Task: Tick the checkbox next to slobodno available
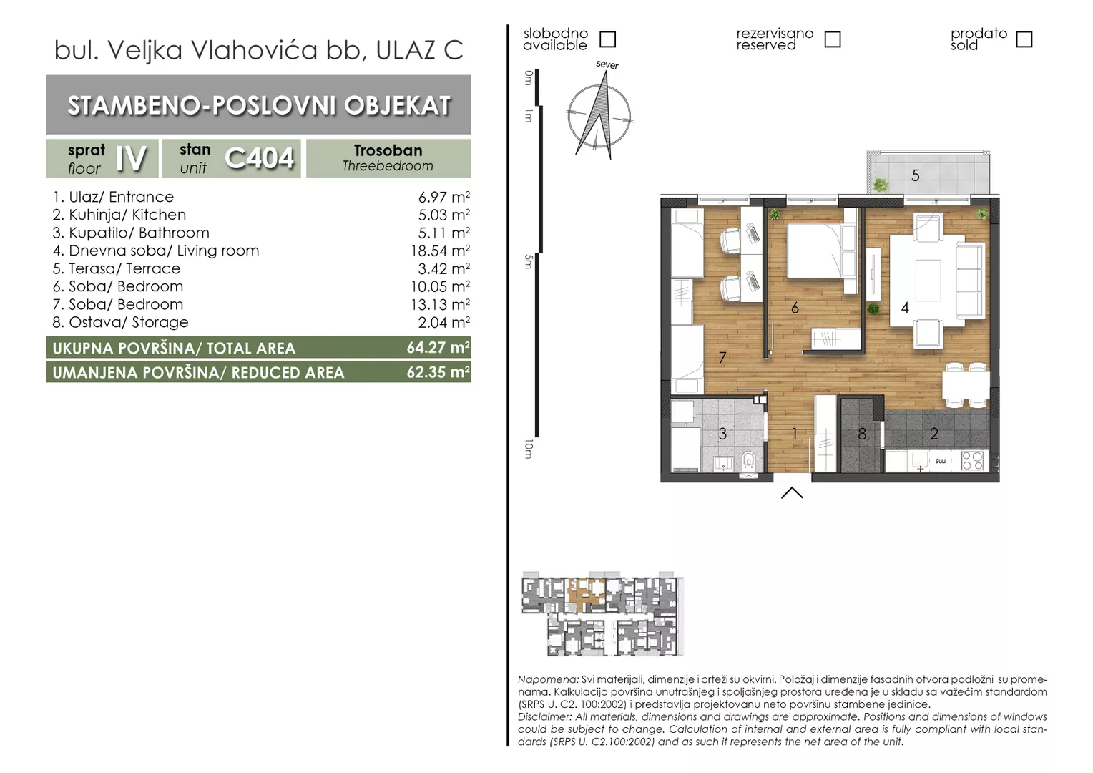tap(607, 39)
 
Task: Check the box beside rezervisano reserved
tap(833, 39)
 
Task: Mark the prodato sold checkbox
tap(1024, 39)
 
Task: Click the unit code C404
tap(260, 158)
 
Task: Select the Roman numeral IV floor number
tap(131, 159)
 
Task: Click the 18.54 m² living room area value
tap(440, 251)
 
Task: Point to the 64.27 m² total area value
tap(438, 348)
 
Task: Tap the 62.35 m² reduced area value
tap(438, 372)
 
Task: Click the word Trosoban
tap(388, 150)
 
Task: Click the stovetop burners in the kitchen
tap(972, 460)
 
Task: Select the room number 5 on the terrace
tap(916, 175)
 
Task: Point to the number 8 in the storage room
tap(862, 434)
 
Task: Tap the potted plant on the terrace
tap(881, 185)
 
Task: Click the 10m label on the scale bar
tap(529, 449)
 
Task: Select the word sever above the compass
tap(607, 64)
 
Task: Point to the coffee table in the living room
tap(928, 281)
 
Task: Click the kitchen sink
tap(920, 460)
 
